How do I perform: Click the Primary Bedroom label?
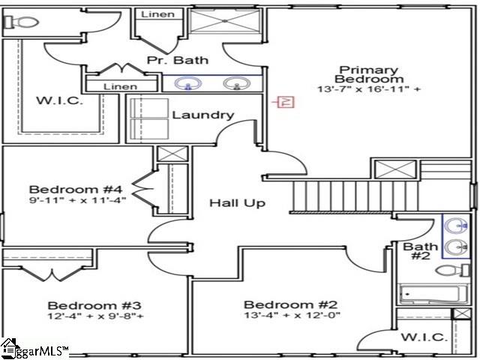tap(368, 74)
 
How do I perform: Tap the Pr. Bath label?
tap(178, 60)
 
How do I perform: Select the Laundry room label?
tap(203, 115)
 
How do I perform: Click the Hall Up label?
tap(237, 203)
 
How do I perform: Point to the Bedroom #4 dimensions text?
tap(77, 200)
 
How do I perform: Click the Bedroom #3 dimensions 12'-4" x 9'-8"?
tap(96, 316)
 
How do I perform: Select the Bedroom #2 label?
tap(290, 304)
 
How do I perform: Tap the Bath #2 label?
tap(420, 251)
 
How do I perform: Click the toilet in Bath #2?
tap(452, 271)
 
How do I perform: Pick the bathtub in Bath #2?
tap(433, 295)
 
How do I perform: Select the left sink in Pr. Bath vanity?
tap(188, 83)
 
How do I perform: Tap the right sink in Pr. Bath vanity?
tap(237, 83)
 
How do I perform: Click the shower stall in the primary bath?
tap(225, 20)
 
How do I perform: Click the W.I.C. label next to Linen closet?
tap(59, 100)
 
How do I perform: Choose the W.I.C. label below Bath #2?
tap(424, 337)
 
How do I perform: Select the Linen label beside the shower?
tap(157, 14)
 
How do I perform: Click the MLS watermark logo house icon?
tap(8, 348)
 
